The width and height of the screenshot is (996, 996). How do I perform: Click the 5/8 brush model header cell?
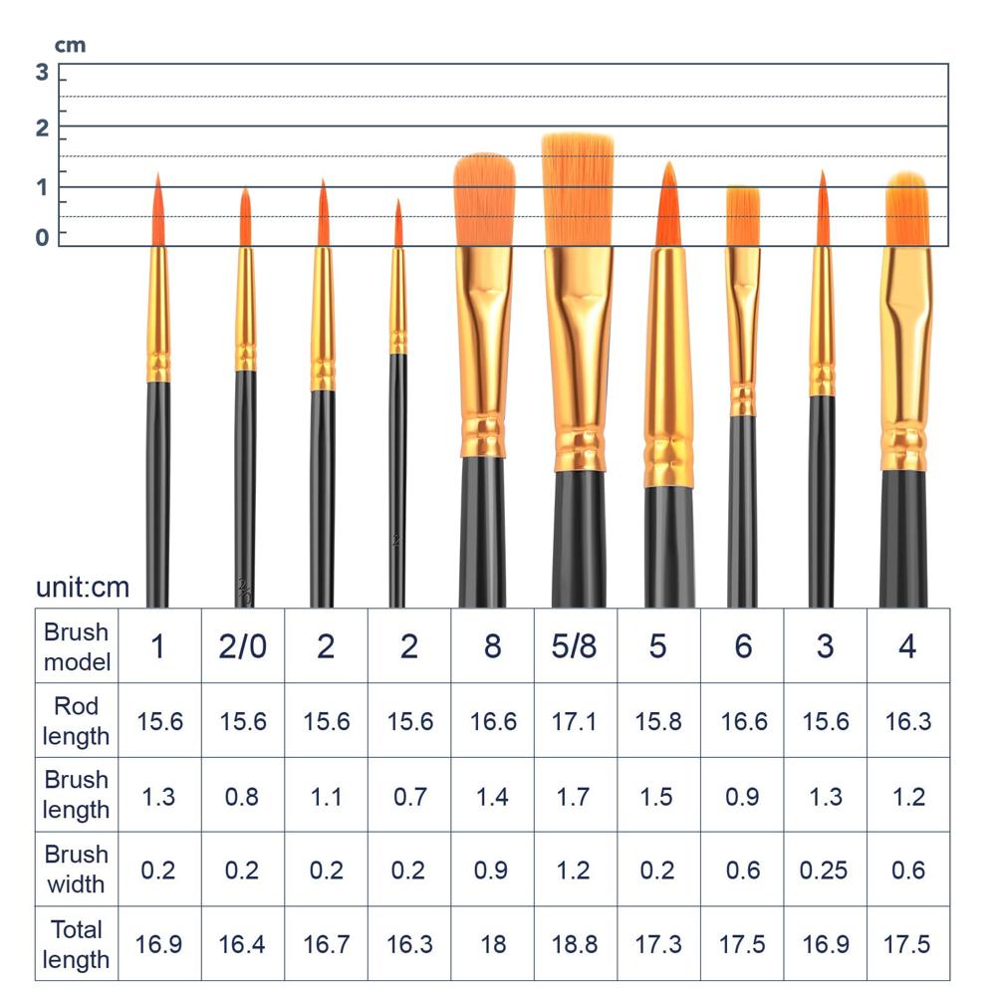point(575,646)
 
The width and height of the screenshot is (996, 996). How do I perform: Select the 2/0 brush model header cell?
point(243,646)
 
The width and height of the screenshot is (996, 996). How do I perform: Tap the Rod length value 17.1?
point(575,721)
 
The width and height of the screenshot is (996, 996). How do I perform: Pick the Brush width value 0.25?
point(825,870)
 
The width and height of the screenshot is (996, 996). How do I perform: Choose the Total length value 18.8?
point(575,943)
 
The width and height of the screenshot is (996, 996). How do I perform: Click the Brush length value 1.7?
point(575,796)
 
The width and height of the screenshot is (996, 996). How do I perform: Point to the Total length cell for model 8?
point(493,943)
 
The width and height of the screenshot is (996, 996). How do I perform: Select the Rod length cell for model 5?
point(658,721)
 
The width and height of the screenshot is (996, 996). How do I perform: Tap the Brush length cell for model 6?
point(742,796)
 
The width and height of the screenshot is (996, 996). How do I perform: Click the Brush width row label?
point(77,870)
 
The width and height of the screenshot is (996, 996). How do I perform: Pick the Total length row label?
point(77,943)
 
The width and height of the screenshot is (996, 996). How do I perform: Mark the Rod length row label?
point(77,721)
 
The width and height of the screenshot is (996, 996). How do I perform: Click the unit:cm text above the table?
point(83,587)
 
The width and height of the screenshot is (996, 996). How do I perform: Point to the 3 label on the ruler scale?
point(42,72)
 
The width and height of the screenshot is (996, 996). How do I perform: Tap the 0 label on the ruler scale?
point(42,237)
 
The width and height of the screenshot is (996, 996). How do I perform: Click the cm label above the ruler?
point(70,45)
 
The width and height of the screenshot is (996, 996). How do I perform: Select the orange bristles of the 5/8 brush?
point(578,189)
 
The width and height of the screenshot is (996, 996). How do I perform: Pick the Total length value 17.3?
point(658,943)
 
